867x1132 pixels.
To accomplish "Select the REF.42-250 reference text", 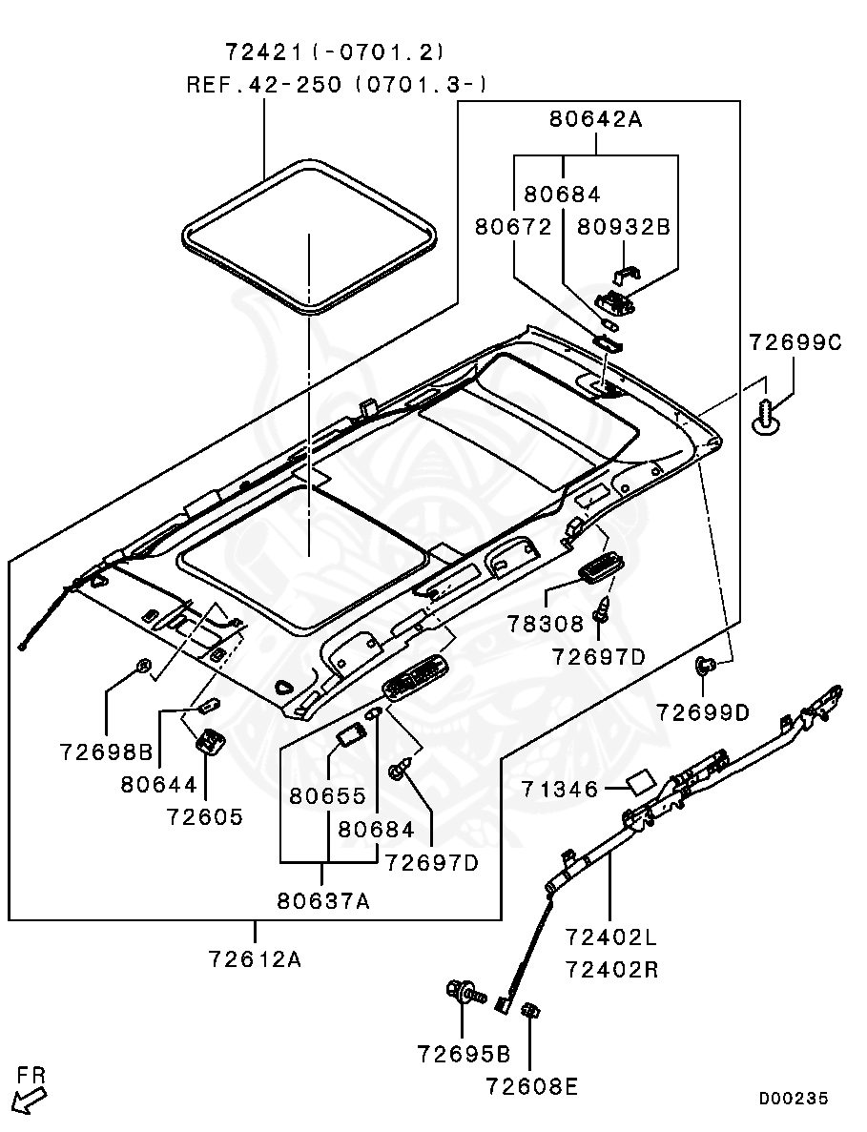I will (264, 85).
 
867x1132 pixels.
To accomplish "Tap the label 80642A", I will (596, 119).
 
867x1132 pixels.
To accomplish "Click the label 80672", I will (513, 227).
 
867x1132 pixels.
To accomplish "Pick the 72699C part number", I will (795, 342).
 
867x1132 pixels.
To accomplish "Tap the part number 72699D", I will (703, 711).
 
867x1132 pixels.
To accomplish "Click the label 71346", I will (560, 789).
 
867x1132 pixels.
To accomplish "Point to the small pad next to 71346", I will (637, 783).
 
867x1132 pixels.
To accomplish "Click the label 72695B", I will (464, 1054).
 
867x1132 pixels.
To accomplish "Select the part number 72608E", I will (531, 1086).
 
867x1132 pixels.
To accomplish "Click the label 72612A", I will (255, 958).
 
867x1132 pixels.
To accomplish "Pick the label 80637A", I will (323, 899).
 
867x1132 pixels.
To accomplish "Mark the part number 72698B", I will (106, 753).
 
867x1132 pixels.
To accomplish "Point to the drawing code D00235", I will (794, 1099).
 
